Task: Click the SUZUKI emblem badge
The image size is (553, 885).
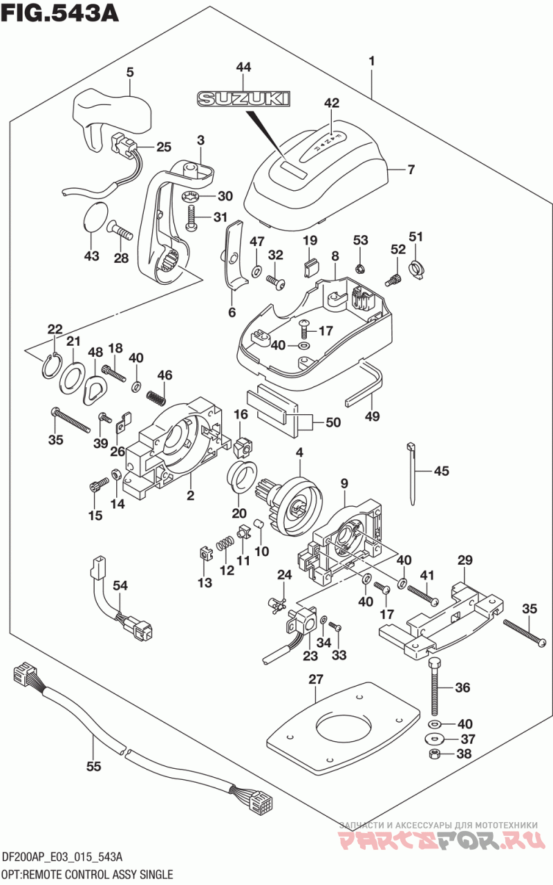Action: tap(243, 100)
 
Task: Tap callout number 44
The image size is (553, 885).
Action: tap(243, 68)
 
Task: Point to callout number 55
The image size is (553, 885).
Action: tap(94, 767)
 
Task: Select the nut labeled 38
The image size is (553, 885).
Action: tap(435, 753)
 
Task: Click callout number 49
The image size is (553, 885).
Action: tap(373, 416)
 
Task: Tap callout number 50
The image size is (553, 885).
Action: tap(333, 422)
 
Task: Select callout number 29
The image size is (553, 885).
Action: tap(465, 559)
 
